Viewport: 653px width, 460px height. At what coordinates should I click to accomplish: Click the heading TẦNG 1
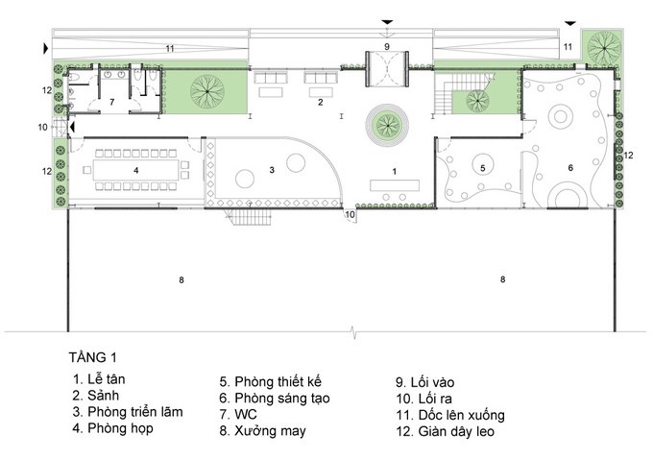(x=93, y=357)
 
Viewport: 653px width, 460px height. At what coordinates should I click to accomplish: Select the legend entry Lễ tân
(x=99, y=379)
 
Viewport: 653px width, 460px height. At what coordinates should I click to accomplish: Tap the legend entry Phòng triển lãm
(x=128, y=412)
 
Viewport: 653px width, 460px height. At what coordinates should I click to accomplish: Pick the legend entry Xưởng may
(x=263, y=431)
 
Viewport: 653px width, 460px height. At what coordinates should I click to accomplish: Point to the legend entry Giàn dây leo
(x=446, y=431)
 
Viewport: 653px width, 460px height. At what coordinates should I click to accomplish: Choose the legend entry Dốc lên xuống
(x=450, y=415)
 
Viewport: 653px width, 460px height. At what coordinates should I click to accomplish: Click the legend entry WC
(x=238, y=414)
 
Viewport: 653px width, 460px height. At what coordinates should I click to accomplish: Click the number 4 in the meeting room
(x=135, y=171)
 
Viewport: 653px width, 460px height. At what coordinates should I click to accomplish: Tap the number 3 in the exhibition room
(x=272, y=170)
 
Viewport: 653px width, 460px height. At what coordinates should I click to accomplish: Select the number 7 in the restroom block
(x=111, y=102)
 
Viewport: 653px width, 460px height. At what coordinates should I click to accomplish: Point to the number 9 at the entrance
(x=387, y=46)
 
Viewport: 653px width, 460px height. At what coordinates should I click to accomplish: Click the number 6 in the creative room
(x=570, y=167)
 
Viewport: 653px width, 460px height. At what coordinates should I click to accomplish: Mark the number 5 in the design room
(x=483, y=168)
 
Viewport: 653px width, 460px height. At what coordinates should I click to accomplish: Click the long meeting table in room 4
(x=136, y=170)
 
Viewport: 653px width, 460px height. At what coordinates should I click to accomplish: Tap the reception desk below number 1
(x=395, y=185)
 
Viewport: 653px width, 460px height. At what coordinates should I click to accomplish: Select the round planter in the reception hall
(x=387, y=125)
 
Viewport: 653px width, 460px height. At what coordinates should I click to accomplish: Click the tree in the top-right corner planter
(x=604, y=46)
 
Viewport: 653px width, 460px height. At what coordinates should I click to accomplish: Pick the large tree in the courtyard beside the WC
(x=207, y=91)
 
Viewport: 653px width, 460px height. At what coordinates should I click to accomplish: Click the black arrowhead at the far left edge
(x=46, y=49)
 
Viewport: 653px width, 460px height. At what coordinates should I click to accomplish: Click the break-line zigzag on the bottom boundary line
(x=354, y=331)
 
